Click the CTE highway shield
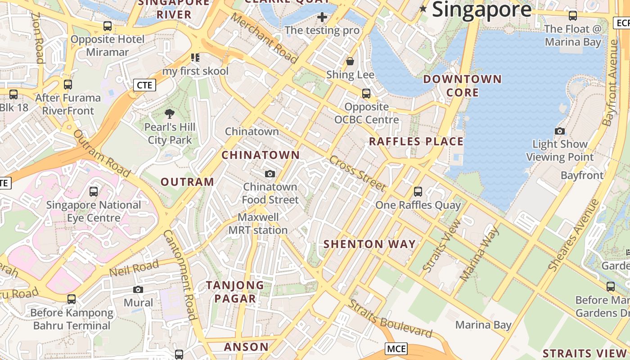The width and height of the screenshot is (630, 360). pyautogui.click(x=144, y=85)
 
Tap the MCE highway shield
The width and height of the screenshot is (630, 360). pyautogui.click(x=396, y=348)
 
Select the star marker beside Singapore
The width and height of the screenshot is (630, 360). pyautogui.click(x=423, y=9)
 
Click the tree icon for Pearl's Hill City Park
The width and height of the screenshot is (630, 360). pyautogui.click(x=170, y=114)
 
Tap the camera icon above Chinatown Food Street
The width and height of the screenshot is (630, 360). pyautogui.click(x=270, y=174)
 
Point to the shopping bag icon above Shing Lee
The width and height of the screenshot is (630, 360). pyautogui.click(x=350, y=61)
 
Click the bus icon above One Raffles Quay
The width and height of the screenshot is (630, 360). pyautogui.click(x=418, y=192)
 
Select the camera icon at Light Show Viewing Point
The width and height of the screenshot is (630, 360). pyautogui.click(x=560, y=131)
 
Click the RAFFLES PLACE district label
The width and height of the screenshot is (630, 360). pyautogui.click(x=416, y=141)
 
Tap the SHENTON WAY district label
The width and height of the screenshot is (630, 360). pyautogui.click(x=369, y=244)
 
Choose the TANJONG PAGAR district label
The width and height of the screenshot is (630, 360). pyautogui.click(x=235, y=292)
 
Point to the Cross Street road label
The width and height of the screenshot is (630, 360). pyautogui.click(x=357, y=173)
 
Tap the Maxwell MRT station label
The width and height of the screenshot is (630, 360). pyautogui.click(x=258, y=224)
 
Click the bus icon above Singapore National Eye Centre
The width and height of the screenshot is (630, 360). pyautogui.click(x=94, y=192)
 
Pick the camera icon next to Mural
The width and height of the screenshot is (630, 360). pyautogui.click(x=138, y=289)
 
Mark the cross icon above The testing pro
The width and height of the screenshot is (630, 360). pyautogui.click(x=322, y=17)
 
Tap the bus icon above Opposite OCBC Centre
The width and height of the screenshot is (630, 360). pyautogui.click(x=366, y=94)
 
